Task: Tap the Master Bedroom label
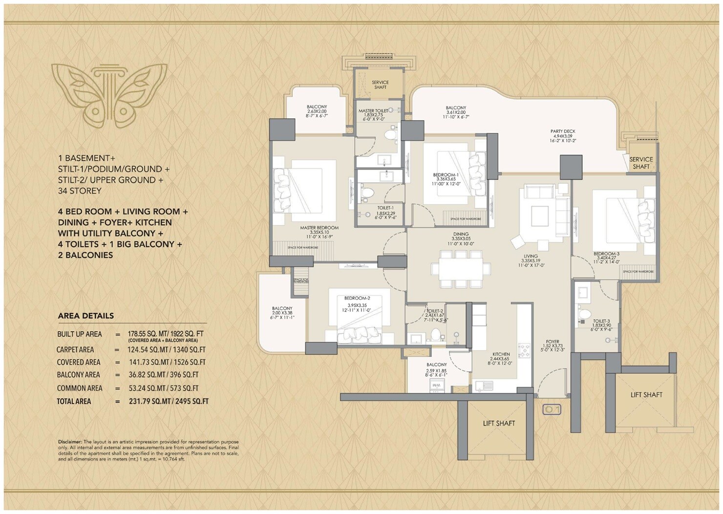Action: pyautogui.click(x=319, y=228)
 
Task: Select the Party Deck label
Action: pyautogui.click(x=563, y=131)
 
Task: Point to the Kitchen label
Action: pyautogui.click(x=501, y=354)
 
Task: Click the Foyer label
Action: pyautogui.click(x=553, y=342)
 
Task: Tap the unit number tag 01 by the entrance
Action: pyautogui.click(x=552, y=409)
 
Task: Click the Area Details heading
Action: pyautogui.click(x=85, y=316)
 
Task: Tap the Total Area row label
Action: pyautogui.click(x=74, y=401)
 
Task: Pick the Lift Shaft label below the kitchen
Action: pyautogui.click(x=499, y=423)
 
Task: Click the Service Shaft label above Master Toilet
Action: pyautogui.click(x=380, y=85)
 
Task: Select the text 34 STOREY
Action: pyautogui.click(x=80, y=191)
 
